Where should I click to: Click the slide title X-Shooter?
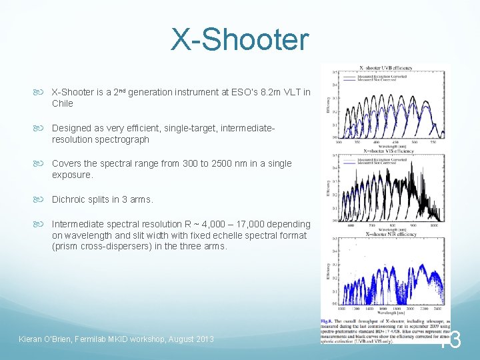tap(240, 39)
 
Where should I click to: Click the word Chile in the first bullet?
tap(63, 103)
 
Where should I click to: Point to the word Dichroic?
tap(70, 199)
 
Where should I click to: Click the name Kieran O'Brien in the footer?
tap(48, 339)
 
